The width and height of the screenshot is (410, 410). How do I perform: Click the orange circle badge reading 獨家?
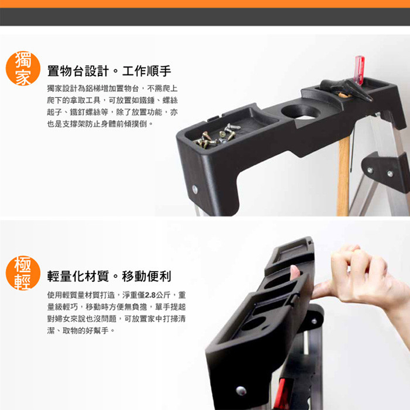[23, 68]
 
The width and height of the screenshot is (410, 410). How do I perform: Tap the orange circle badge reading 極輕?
[23, 273]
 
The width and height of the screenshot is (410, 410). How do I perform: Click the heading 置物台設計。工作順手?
[109, 71]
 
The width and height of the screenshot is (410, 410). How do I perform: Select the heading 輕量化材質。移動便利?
[109, 276]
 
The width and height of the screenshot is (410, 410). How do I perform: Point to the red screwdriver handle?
[359, 70]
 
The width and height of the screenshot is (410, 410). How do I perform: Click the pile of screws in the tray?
[217, 136]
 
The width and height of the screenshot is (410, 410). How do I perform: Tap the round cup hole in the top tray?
[301, 112]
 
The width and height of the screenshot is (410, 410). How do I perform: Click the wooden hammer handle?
[343, 175]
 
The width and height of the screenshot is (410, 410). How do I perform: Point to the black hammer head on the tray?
[346, 89]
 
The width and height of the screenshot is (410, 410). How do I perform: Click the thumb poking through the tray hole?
[295, 273]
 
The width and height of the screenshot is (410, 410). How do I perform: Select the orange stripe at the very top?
[205, 4]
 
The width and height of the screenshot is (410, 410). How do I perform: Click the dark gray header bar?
[205, 17]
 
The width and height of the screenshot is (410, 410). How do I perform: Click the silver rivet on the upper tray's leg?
[195, 189]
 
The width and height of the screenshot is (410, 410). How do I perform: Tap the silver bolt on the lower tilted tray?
[241, 391]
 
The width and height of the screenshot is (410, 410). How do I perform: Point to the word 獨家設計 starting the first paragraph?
[62, 89]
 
